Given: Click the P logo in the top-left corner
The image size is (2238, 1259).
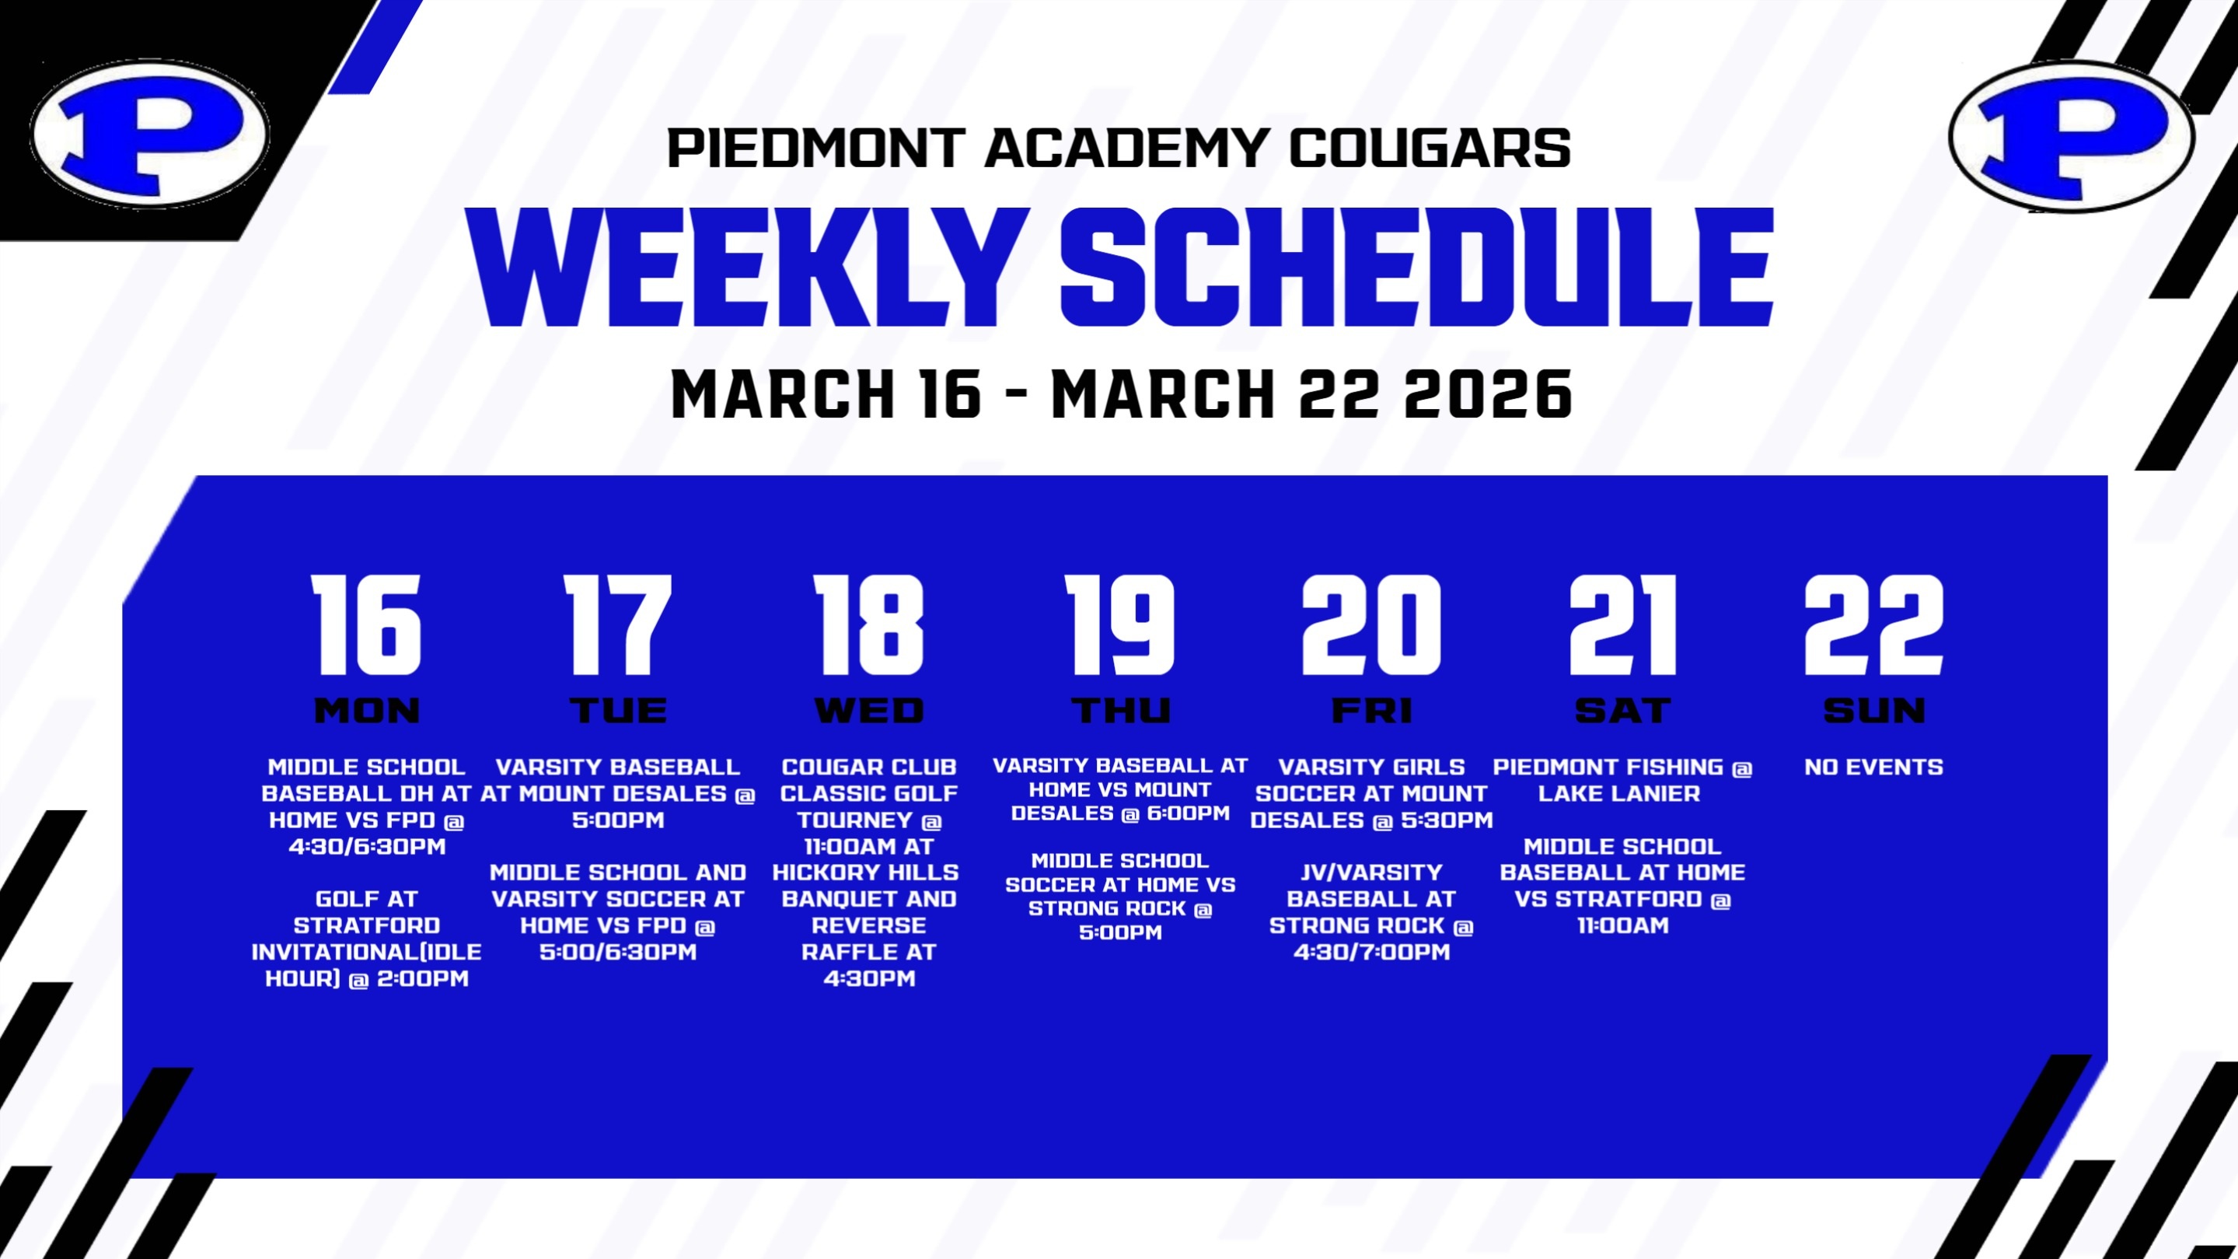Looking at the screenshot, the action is click(x=149, y=134).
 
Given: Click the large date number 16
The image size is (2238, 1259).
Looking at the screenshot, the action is click(x=367, y=624).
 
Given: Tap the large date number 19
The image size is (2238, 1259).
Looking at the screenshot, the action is click(x=1120, y=624).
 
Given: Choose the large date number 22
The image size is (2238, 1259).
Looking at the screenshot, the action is click(x=1874, y=624).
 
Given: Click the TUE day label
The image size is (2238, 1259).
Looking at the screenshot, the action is click(x=619, y=711).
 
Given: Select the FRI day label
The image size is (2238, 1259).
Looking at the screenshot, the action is click(x=1372, y=711).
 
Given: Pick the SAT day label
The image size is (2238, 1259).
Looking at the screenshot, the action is click(x=1622, y=711).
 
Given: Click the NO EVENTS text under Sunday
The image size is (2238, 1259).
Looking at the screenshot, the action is click(x=1874, y=768).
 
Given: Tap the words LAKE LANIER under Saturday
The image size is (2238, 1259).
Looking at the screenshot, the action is click(x=1619, y=793).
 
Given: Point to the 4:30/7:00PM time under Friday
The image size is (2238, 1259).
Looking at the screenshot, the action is click(x=1372, y=951).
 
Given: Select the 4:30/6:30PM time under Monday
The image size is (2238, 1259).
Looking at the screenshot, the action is click(x=367, y=846).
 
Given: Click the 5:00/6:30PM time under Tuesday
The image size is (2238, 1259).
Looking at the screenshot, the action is click(x=618, y=951).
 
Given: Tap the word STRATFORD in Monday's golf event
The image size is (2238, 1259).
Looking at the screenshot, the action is click(x=367, y=925).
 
